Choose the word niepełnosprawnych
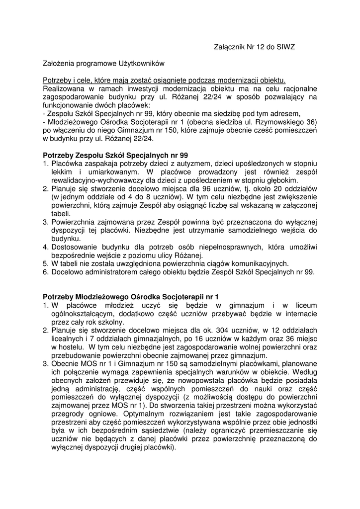tap(221, 247)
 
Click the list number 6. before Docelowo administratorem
tap(45, 272)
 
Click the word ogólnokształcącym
tap(84, 314)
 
